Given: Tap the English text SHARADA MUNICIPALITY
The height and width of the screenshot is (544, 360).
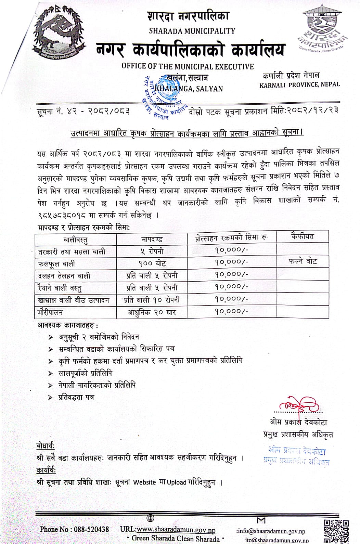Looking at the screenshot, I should click(x=192, y=31).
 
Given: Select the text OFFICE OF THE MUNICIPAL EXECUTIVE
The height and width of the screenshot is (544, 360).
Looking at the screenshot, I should click(x=188, y=66).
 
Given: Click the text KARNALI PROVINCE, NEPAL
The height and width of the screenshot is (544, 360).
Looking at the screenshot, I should click(x=299, y=85).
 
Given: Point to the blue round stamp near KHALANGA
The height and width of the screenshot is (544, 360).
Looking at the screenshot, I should click(x=164, y=98).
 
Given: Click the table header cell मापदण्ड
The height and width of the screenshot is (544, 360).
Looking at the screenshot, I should click(x=152, y=239).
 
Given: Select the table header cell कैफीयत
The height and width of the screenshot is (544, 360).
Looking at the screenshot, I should click(x=303, y=236).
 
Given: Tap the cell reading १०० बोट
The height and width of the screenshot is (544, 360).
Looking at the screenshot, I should click(x=152, y=263).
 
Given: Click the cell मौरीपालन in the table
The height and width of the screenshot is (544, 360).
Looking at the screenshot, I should click(x=50, y=312).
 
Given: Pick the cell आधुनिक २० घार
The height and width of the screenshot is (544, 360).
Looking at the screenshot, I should click(x=152, y=312).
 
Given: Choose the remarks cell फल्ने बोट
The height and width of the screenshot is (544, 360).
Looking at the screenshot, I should click(x=303, y=262).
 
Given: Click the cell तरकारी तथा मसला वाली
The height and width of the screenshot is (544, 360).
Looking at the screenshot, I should click(x=72, y=252).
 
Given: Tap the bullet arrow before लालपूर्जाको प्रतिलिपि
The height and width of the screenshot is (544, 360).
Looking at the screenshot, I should click(x=51, y=374).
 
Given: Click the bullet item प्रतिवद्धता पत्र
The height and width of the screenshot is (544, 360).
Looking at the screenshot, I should click(x=76, y=398).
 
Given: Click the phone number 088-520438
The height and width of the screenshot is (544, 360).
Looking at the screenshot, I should click(x=91, y=529).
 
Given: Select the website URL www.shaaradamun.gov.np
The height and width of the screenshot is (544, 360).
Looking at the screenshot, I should click(x=176, y=530).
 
